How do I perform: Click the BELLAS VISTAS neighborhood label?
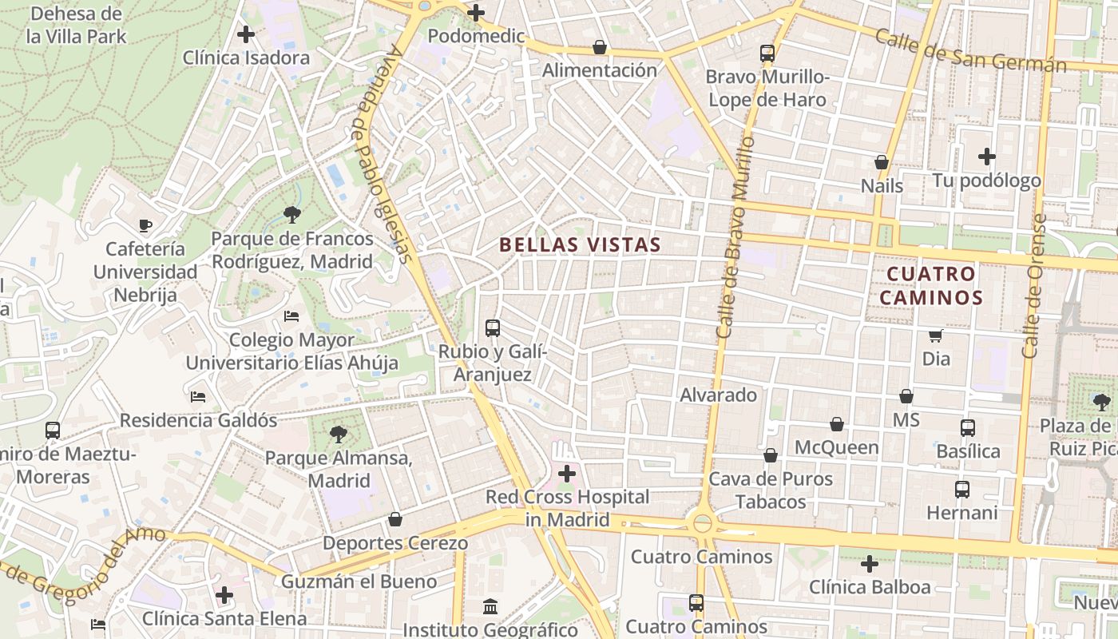(581, 245)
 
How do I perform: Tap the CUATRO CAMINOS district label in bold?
(932, 286)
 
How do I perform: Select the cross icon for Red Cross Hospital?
(567, 474)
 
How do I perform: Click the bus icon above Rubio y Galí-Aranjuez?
(493, 327)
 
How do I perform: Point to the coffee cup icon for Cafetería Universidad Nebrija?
(145, 225)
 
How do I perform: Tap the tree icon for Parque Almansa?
(339, 435)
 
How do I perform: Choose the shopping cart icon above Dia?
(936, 335)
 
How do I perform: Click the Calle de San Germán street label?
(970, 50)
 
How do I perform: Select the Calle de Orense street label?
(1034, 285)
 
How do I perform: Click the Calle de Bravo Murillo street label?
(735, 236)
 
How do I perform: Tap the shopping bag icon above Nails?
(882, 162)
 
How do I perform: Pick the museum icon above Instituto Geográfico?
(490, 607)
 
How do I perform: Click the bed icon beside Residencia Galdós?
(198, 396)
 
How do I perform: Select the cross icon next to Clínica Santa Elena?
(224, 595)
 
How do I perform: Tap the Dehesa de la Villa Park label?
(77, 25)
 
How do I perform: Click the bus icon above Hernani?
(962, 489)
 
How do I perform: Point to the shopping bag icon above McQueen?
(837, 424)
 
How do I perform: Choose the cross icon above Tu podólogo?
(987, 157)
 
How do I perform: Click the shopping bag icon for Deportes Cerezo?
(394, 520)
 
